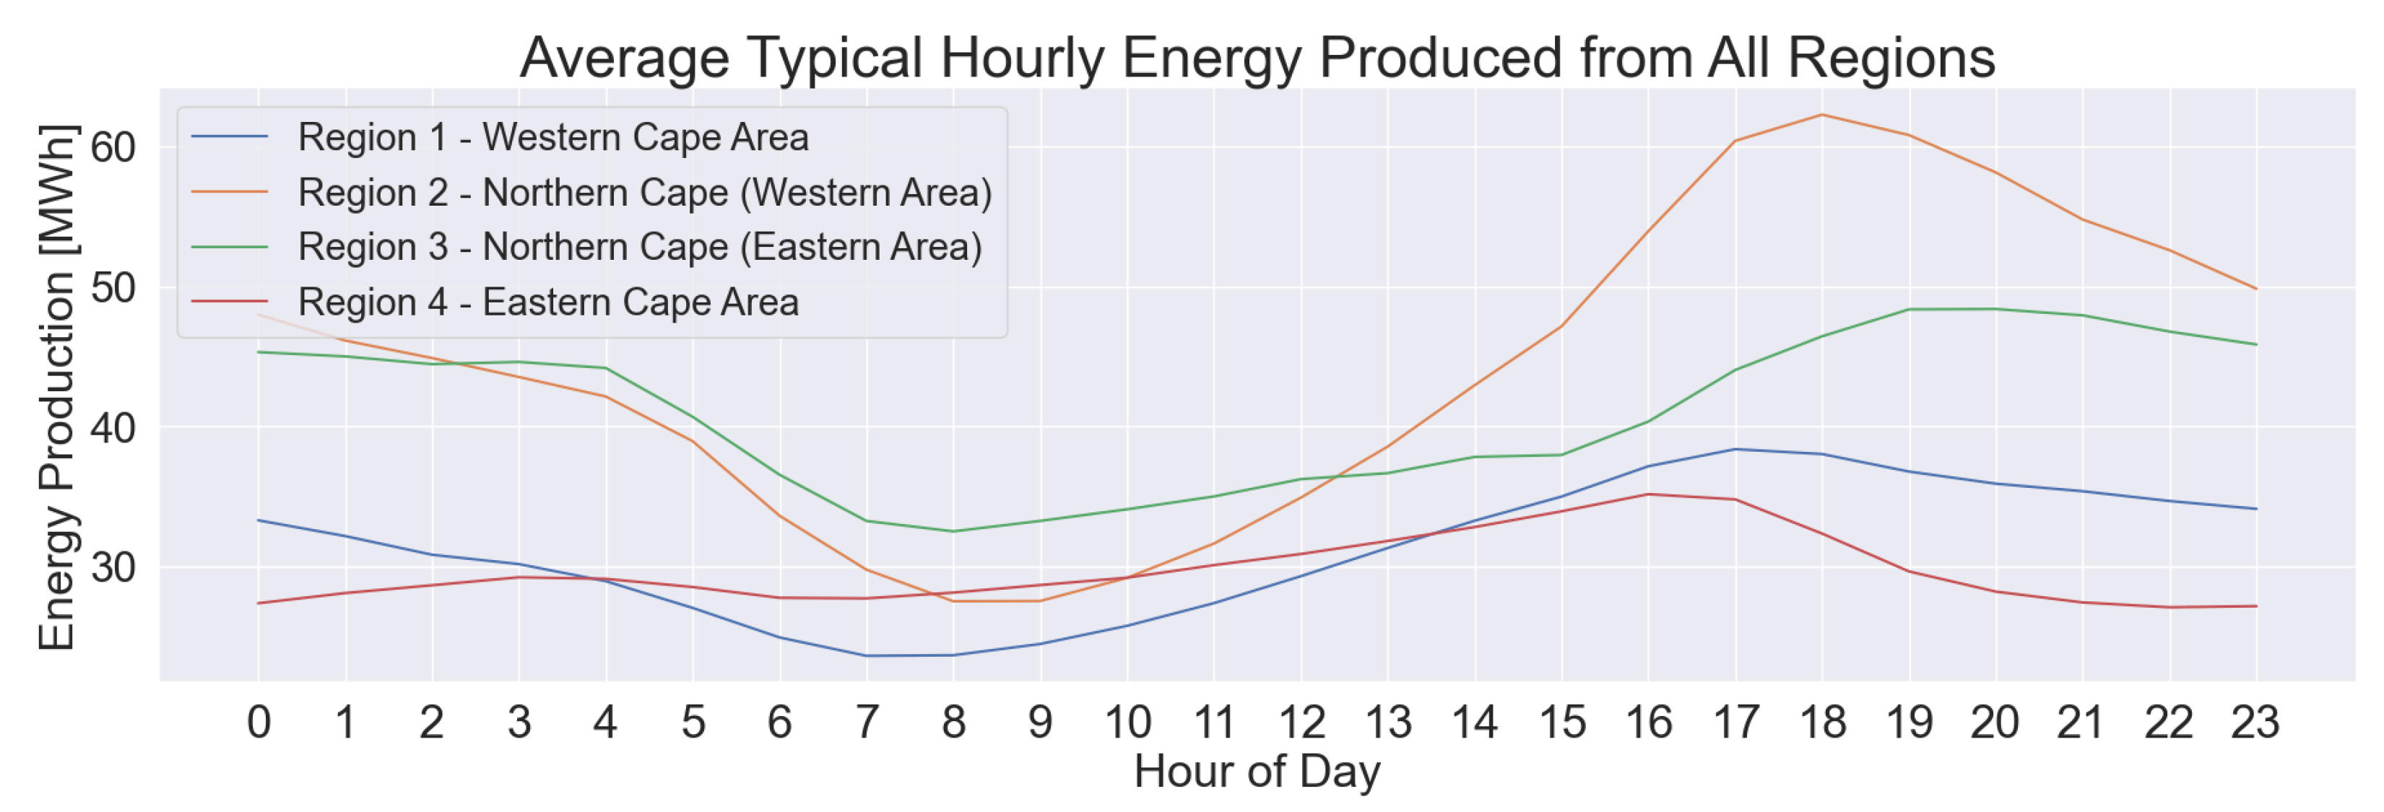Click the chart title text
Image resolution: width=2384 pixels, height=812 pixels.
[1257, 57]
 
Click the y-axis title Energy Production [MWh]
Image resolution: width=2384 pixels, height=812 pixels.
[57, 387]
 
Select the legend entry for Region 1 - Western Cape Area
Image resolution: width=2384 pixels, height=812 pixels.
[552, 137]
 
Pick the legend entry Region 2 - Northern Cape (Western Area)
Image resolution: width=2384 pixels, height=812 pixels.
[644, 193]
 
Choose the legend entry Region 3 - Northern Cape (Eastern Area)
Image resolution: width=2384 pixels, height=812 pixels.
[639, 247]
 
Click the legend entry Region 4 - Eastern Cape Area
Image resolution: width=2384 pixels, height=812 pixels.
[548, 302]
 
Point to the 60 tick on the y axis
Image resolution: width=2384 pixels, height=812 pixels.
[113, 147]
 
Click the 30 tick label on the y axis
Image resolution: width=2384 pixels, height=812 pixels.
[113, 567]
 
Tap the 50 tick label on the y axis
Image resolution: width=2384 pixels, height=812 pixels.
[113, 287]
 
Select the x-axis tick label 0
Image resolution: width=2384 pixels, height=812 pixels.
[259, 722]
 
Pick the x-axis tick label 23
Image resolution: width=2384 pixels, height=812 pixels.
[2255, 722]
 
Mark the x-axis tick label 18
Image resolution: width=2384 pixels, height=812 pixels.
[1822, 722]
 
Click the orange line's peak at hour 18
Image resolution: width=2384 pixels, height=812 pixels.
[1822, 115]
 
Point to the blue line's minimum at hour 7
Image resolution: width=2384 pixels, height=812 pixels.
[866, 655]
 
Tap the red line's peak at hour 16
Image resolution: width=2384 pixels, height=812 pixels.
[1648, 494]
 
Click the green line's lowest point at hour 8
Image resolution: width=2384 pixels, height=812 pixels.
[953, 531]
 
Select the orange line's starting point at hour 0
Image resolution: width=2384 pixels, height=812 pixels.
[259, 315]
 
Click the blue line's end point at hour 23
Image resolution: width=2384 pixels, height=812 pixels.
[2256, 509]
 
